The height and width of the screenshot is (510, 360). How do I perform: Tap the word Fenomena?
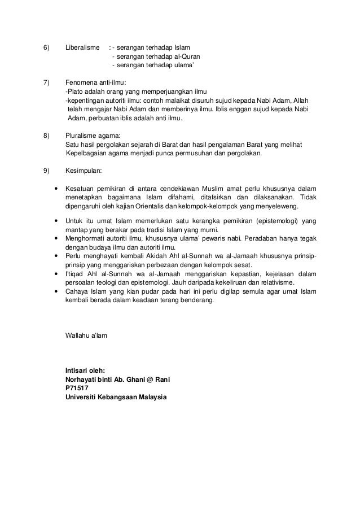pyautogui.click(x=82, y=82)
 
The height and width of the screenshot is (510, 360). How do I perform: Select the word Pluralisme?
pyautogui.click(x=83, y=135)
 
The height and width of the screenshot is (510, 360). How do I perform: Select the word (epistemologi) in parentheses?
pyautogui.click(x=271, y=220)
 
